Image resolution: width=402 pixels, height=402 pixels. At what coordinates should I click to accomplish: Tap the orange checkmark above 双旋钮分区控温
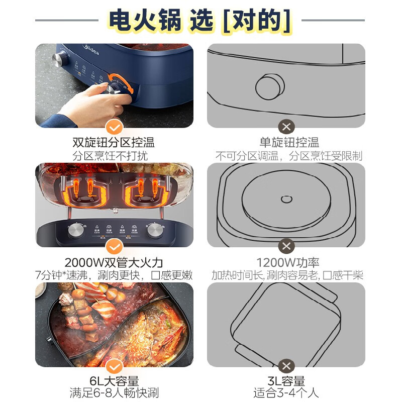click(x=115, y=127)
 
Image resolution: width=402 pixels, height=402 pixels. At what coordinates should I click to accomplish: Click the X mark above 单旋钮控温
click(x=286, y=127)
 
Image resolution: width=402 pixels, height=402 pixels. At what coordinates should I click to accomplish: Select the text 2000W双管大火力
click(x=114, y=262)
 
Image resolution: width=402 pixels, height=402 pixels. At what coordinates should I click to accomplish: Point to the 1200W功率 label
click(x=286, y=262)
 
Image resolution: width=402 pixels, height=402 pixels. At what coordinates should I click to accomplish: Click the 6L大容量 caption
click(x=114, y=381)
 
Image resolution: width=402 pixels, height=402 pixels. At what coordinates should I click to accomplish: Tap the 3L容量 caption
click(x=286, y=381)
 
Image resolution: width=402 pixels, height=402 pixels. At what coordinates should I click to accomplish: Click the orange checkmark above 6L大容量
click(x=115, y=366)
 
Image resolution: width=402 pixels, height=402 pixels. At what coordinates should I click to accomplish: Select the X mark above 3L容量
click(x=286, y=366)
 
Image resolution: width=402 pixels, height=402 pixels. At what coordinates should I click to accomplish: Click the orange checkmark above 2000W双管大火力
click(x=115, y=247)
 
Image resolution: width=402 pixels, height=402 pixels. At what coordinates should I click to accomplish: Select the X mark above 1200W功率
click(x=286, y=247)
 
